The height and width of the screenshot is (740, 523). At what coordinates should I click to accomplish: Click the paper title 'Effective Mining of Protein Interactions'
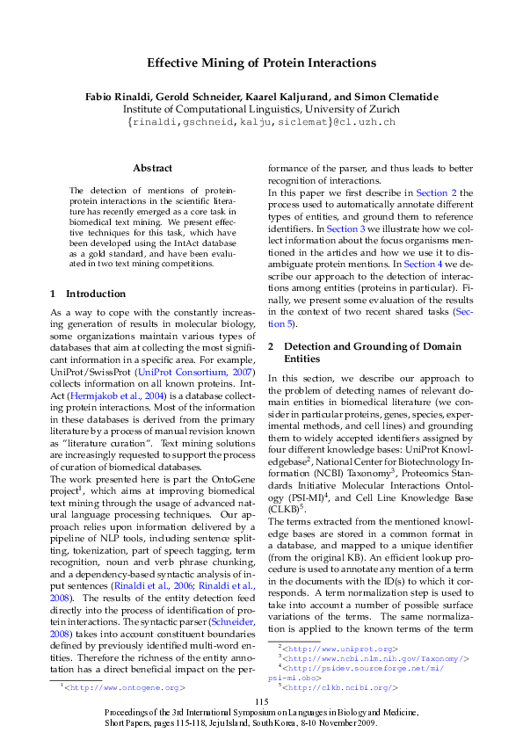(x=261, y=63)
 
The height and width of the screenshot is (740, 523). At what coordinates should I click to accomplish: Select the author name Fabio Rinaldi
(x=117, y=96)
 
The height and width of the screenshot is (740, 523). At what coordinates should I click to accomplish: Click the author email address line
(x=261, y=121)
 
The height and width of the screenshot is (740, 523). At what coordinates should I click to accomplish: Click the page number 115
(x=261, y=700)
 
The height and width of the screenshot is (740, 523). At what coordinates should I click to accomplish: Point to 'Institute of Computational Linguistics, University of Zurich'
(x=261, y=109)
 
